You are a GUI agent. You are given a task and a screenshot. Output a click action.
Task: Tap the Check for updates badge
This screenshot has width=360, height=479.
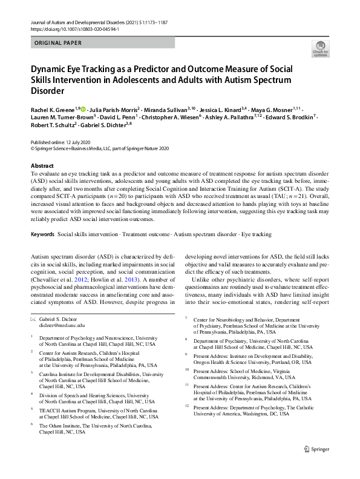point(318,49)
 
